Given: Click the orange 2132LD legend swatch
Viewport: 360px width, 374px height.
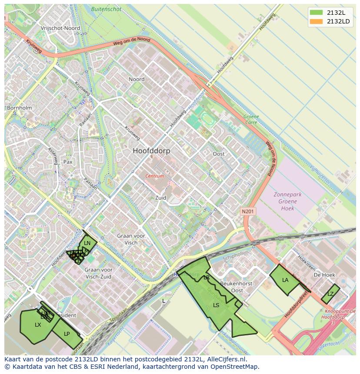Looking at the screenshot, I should [x=316, y=21].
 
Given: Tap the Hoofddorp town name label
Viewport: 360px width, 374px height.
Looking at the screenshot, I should [x=151, y=151].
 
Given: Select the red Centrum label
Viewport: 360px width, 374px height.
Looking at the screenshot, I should [x=154, y=176].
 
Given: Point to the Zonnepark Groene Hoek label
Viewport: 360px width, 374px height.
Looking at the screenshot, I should [x=287, y=201].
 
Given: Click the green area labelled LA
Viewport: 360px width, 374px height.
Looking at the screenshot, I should [x=285, y=280].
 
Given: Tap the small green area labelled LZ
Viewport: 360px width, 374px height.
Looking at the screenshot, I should [x=330, y=294].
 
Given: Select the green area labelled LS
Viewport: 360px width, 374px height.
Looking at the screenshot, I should [x=216, y=305].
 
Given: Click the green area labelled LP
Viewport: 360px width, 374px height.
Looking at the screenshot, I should [x=67, y=334].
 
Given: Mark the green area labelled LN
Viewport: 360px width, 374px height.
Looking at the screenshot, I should [x=87, y=243].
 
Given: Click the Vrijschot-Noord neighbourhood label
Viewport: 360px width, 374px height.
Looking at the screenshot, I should [x=60, y=28].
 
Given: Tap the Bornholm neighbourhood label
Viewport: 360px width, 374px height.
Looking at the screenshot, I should [x=19, y=107].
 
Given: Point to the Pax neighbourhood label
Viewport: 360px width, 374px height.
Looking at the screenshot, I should [x=68, y=162].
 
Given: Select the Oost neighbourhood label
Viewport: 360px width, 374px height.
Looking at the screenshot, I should [x=219, y=154].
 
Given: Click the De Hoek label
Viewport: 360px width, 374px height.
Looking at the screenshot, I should [x=324, y=275].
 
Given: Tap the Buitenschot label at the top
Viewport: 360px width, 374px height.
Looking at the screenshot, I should [x=106, y=9].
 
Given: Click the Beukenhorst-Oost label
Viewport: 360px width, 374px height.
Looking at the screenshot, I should [x=237, y=287].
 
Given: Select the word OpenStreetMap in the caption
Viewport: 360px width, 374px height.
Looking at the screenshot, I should [x=234, y=367].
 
